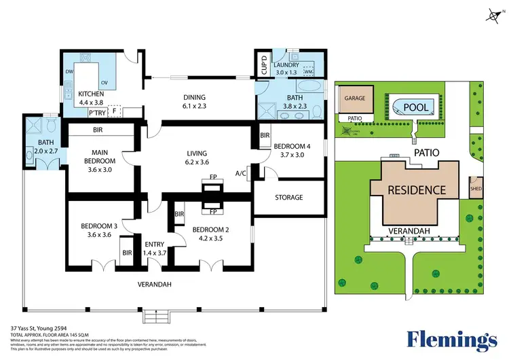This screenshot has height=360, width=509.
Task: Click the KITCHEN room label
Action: (x=90, y=94)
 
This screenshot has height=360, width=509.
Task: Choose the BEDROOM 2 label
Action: (x=210, y=230)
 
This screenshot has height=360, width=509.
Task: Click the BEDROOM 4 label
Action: (x=291, y=145)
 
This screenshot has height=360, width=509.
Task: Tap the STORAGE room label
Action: (x=288, y=198)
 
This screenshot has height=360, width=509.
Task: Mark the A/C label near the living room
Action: (x=240, y=173)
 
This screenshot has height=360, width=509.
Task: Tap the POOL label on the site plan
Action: (x=415, y=107)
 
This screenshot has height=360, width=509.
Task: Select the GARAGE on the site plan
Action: (x=354, y=98)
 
